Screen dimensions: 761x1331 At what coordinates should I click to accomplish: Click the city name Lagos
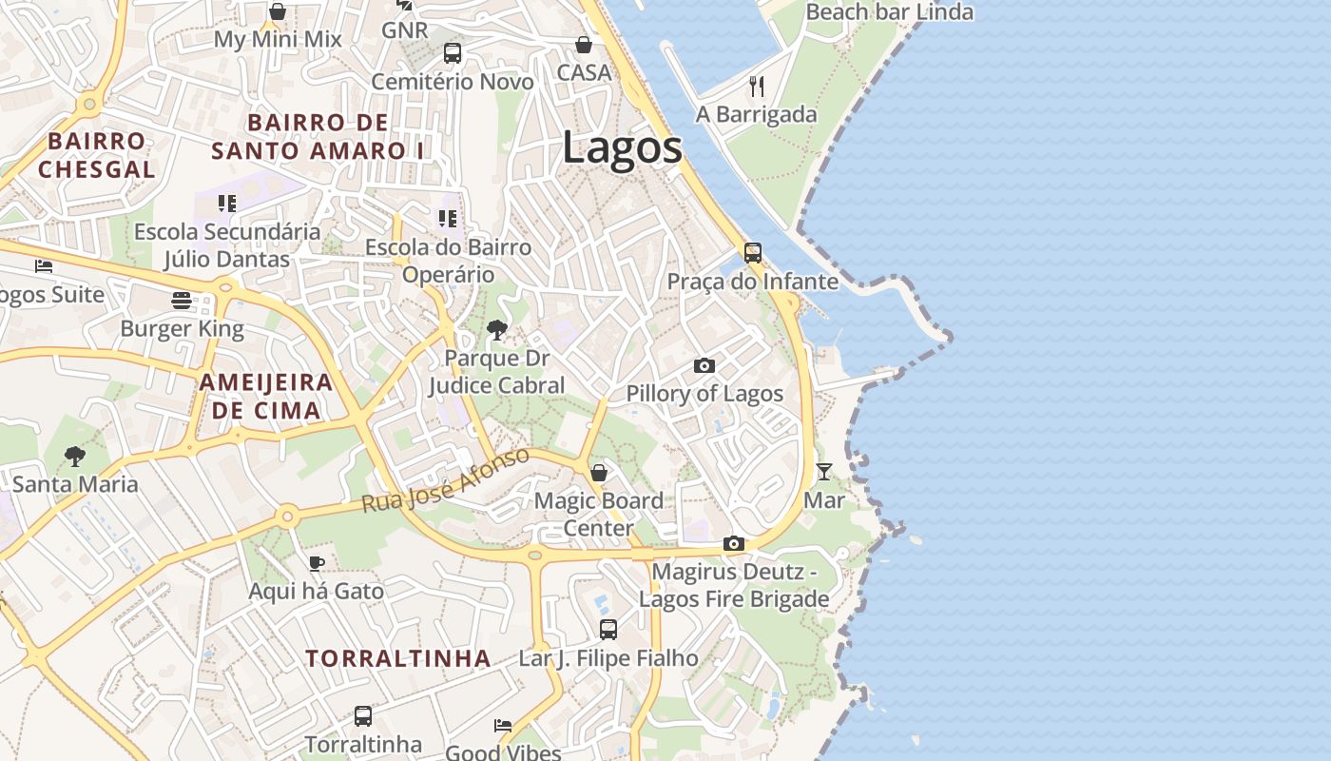pos(622,148)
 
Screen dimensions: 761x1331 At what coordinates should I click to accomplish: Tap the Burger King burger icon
pos(182,301)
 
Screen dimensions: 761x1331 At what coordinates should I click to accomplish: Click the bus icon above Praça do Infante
pos(752,253)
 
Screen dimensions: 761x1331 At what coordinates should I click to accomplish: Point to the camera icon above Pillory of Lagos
pos(704,365)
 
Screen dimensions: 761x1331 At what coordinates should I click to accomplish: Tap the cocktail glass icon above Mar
pos(823,471)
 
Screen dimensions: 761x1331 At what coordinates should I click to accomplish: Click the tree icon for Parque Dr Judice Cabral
pos(496,330)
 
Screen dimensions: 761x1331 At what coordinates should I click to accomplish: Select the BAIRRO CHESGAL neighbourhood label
pos(97,155)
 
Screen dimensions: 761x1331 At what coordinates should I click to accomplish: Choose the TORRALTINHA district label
pos(398,658)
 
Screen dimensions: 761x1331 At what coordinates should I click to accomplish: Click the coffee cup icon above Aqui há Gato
pos(317,563)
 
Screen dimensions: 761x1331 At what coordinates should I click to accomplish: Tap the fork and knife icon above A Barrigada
pos(757,87)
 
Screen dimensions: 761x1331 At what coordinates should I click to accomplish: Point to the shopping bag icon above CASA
pos(584,45)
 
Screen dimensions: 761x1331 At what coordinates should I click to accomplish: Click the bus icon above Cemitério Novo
pos(453,53)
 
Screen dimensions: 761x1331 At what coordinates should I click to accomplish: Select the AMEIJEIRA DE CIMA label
pos(265,397)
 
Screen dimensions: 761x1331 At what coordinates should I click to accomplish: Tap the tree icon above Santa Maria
pos(75,457)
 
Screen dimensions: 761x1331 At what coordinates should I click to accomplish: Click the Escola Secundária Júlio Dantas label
pos(227,245)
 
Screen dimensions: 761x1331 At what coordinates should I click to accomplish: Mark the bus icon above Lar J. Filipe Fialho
pos(608,629)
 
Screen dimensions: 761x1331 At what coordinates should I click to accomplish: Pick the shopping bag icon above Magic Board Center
pos(599,473)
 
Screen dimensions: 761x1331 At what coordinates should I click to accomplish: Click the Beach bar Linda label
pos(889,12)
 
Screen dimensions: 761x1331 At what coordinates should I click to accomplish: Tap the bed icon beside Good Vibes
pos(503,726)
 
